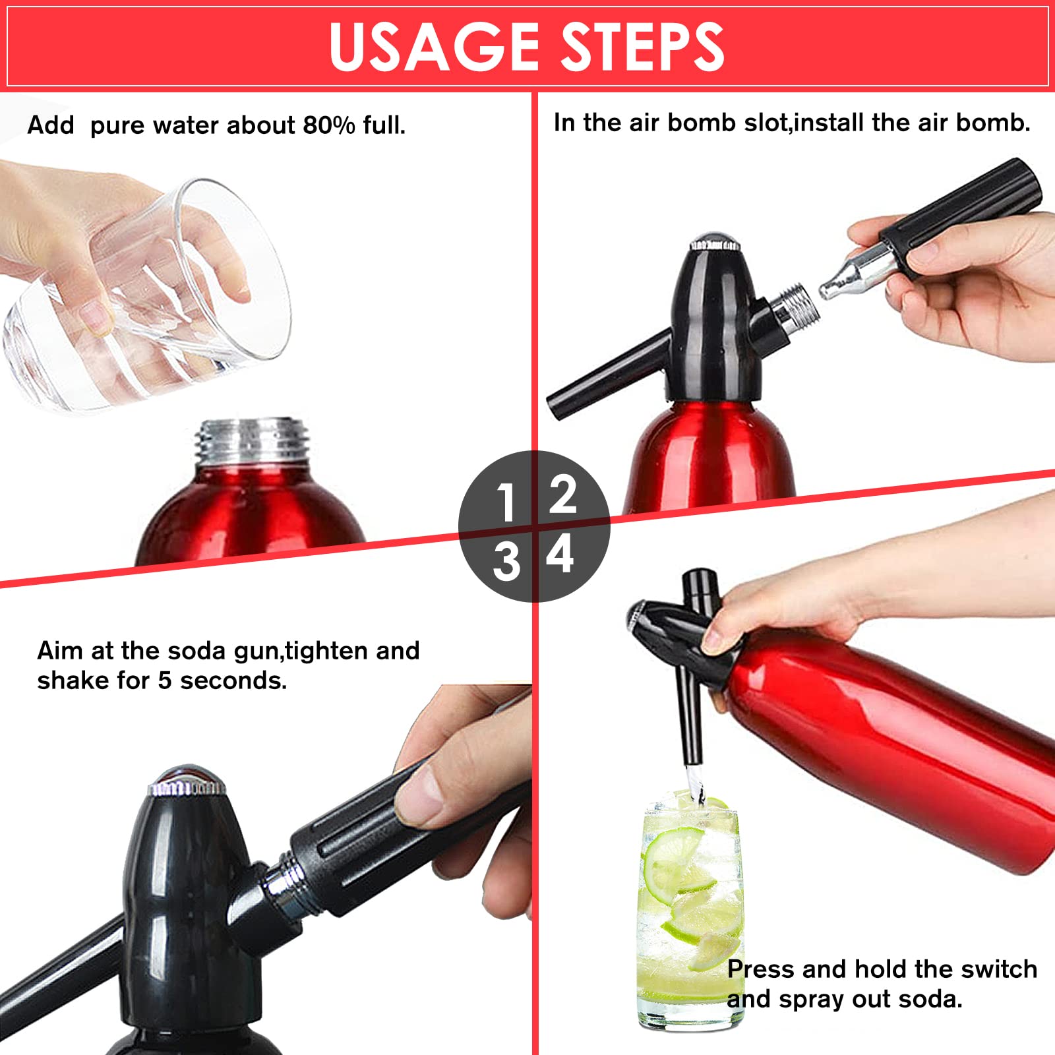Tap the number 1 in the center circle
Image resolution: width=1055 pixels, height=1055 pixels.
tap(506, 502)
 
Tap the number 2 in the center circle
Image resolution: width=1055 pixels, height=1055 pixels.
tap(562, 495)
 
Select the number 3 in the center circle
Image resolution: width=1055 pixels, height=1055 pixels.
tap(506, 562)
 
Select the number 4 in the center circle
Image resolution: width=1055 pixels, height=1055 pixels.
tap(560, 554)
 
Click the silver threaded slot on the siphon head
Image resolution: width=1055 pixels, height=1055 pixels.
tap(798, 307)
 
